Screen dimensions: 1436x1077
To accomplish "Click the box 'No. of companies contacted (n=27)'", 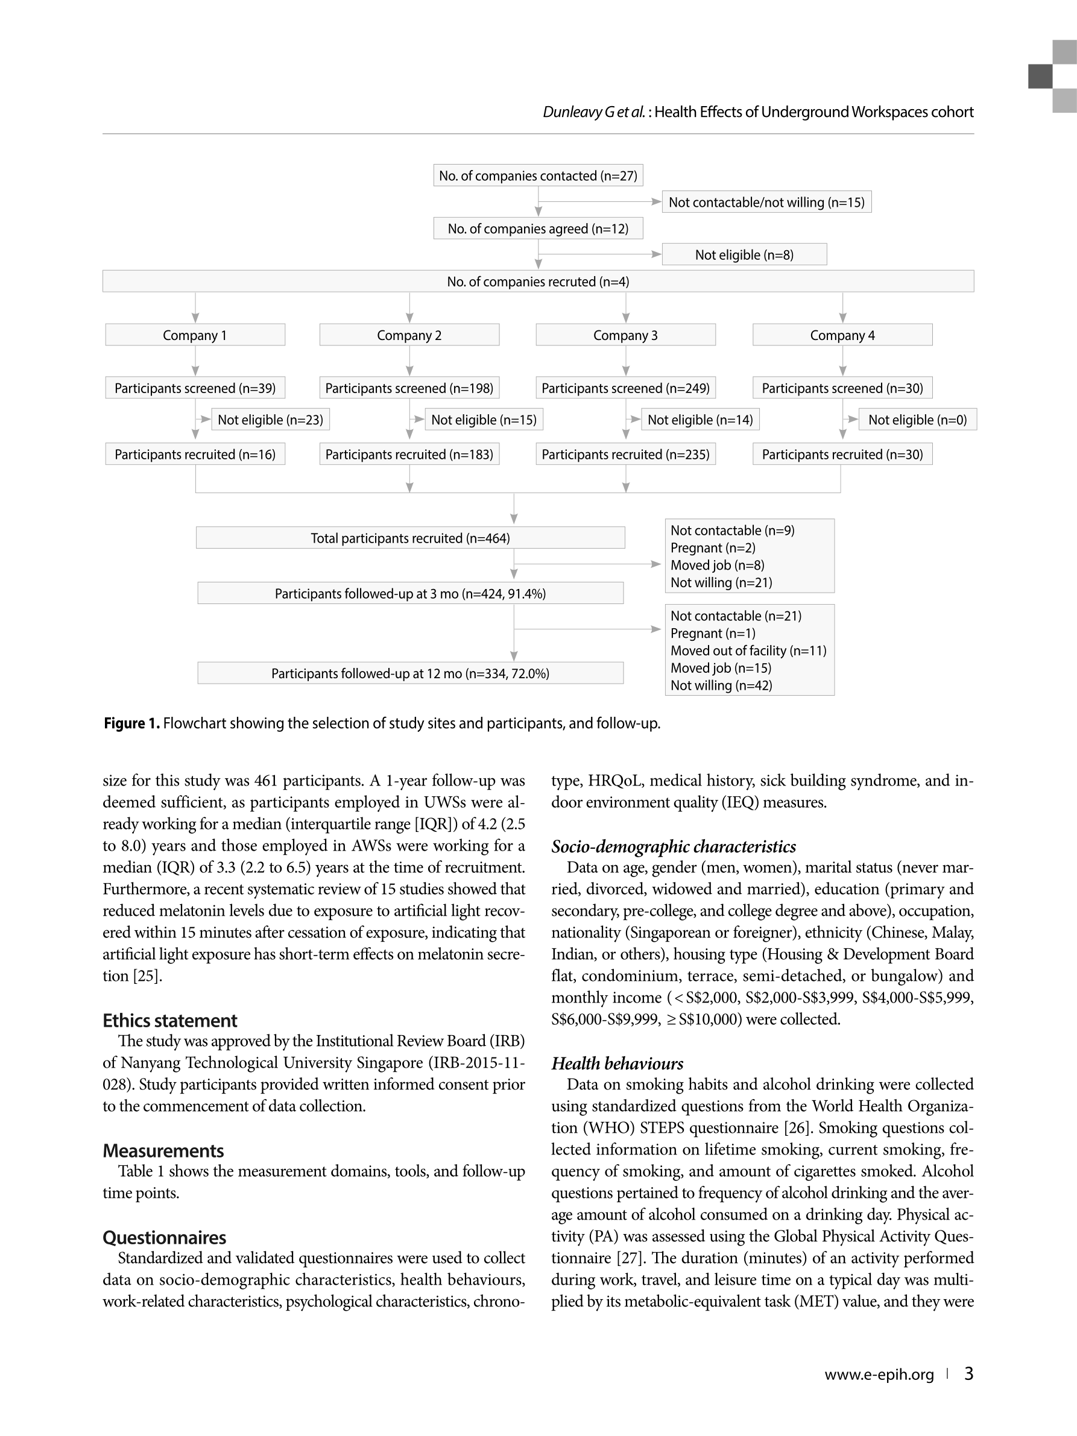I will click(538, 175).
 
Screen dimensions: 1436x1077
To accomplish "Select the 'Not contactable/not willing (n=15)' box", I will click(766, 202).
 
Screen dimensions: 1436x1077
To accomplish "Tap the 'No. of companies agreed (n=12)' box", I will click(538, 228).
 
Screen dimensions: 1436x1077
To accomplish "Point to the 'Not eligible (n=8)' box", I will click(744, 254).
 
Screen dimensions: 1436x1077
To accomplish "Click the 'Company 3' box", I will click(625, 335).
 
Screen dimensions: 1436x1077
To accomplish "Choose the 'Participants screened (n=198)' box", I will click(409, 388).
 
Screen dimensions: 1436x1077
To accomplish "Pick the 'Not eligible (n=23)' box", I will click(270, 420).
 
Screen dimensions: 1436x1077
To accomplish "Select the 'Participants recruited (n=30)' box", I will click(842, 455).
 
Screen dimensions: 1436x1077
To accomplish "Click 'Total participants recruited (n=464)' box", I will click(410, 538).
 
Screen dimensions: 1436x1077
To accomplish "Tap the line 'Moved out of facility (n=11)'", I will click(748, 650).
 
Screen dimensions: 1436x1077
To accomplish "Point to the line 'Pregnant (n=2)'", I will click(713, 548).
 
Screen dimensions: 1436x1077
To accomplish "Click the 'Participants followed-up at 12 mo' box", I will click(410, 673).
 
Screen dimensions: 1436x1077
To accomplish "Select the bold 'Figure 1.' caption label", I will click(132, 723).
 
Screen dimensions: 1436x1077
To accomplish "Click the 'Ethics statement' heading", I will click(170, 1021).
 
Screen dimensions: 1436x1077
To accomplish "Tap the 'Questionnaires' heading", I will click(164, 1237).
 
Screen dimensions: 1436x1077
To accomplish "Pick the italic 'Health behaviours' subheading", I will click(617, 1063).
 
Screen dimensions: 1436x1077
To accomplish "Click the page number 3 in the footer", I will click(968, 1374).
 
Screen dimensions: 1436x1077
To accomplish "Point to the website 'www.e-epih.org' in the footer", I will click(879, 1375).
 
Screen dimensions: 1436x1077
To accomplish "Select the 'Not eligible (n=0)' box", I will click(917, 420).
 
